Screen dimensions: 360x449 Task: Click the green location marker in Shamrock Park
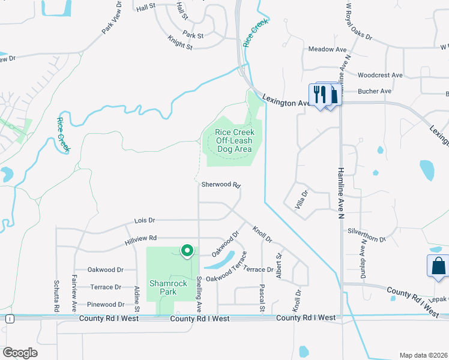pyautogui.click(x=187, y=251)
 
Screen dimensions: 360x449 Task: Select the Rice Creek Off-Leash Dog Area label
pyautogui.click(x=235, y=140)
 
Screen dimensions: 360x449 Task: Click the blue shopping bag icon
pyautogui.click(x=438, y=266)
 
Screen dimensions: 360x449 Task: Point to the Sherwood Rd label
pyautogui.click(x=220, y=185)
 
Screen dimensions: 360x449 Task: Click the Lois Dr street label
pyautogui.click(x=145, y=220)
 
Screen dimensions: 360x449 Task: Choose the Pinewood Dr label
pyautogui.click(x=106, y=304)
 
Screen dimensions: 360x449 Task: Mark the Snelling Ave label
pyautogui.click(x=199, y=294)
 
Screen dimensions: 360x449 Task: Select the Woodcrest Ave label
pyautogui.click(x=379, y=75)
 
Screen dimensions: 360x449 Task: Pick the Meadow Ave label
pyautogui.click(x=327, y=49)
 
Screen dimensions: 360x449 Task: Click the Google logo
pyautogui.click(x=21, y=353)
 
